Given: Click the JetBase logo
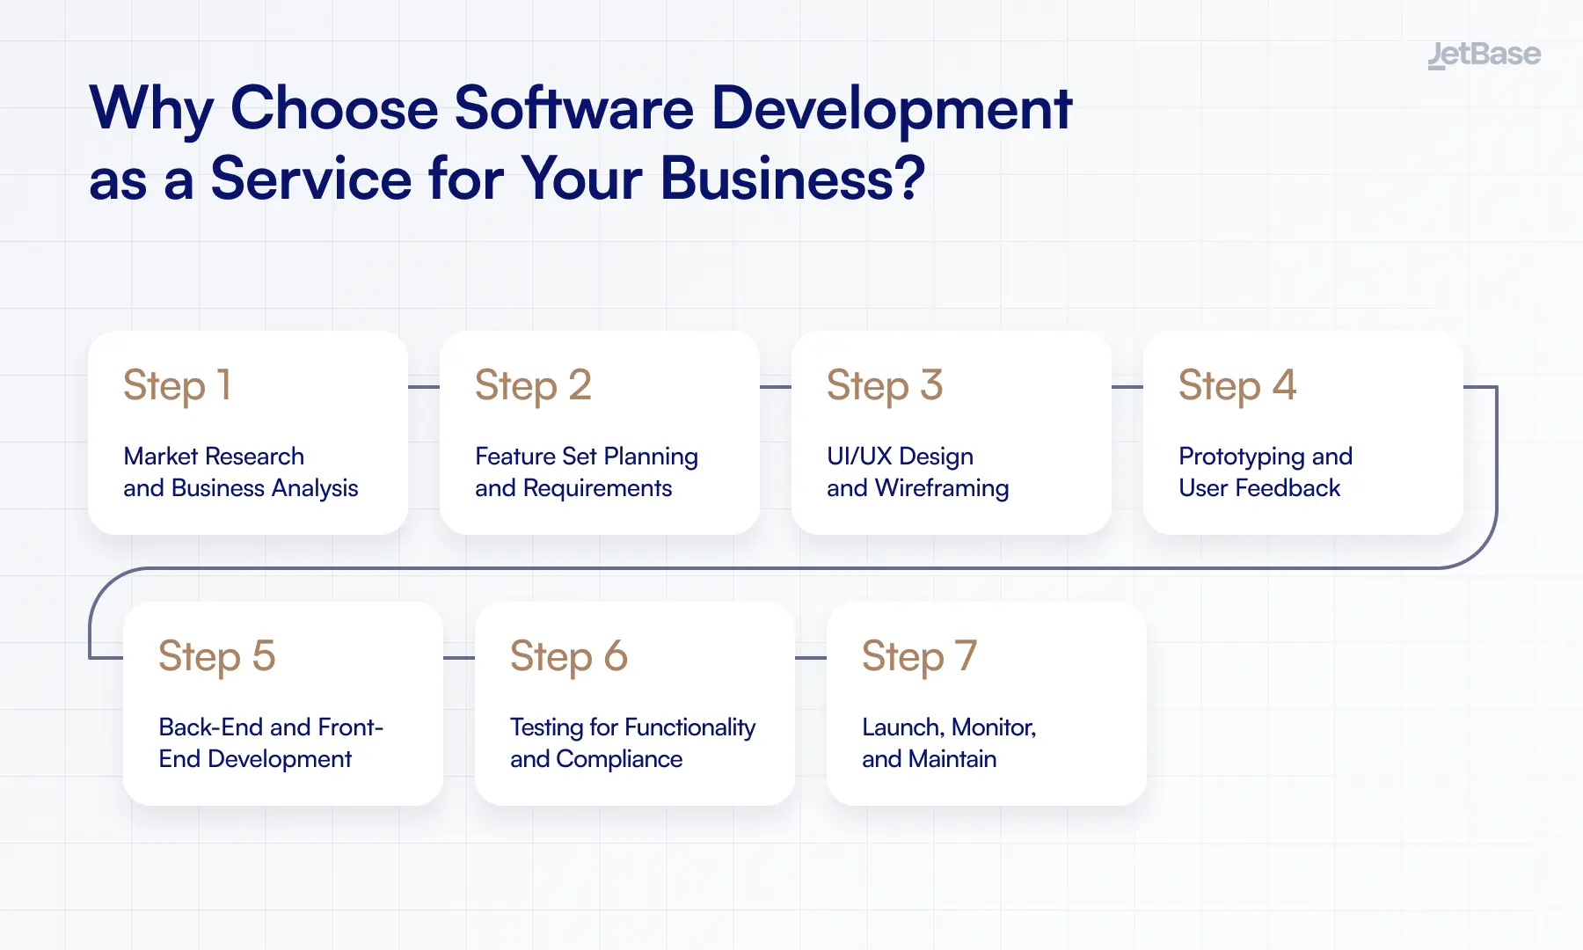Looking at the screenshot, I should point(1484,55).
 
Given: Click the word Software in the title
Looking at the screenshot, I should point(574,109).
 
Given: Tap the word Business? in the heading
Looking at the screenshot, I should point(792,179).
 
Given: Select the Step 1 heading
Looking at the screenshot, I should point(178,385).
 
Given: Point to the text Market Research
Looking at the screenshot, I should point(214,456).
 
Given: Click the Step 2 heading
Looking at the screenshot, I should point(533,385).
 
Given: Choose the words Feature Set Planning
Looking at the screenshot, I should point(587,456).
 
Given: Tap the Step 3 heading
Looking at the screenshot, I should point(885,385).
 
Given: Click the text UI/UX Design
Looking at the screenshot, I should point(900,456).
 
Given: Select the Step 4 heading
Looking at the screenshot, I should point(1237,385).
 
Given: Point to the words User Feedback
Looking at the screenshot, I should point(1259,488).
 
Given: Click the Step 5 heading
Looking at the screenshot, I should point(217,656).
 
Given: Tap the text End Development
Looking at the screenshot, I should point(255,759).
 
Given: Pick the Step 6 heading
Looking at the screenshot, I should point(569,656).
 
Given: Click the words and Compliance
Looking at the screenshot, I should point(596,759).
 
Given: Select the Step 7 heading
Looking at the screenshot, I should point(920,656).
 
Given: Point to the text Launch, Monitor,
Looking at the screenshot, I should point(949,727).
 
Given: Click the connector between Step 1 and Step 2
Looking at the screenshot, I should point(424,387).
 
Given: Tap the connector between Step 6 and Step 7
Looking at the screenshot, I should point(811,658).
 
